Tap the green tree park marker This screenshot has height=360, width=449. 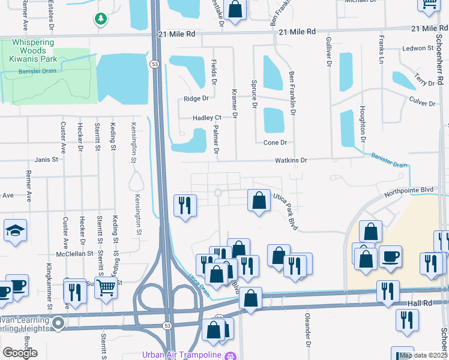pos(101,19)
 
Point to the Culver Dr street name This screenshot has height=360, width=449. pos(421,102)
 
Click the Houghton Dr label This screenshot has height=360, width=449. pos(363,124)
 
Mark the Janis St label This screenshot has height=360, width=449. pos(46,160)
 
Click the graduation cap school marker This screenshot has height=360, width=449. pos(16,231)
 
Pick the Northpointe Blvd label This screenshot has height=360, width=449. pos(408,190)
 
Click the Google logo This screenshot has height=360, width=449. pos(20,353)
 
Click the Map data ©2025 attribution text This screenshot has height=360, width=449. pos(423,355)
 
